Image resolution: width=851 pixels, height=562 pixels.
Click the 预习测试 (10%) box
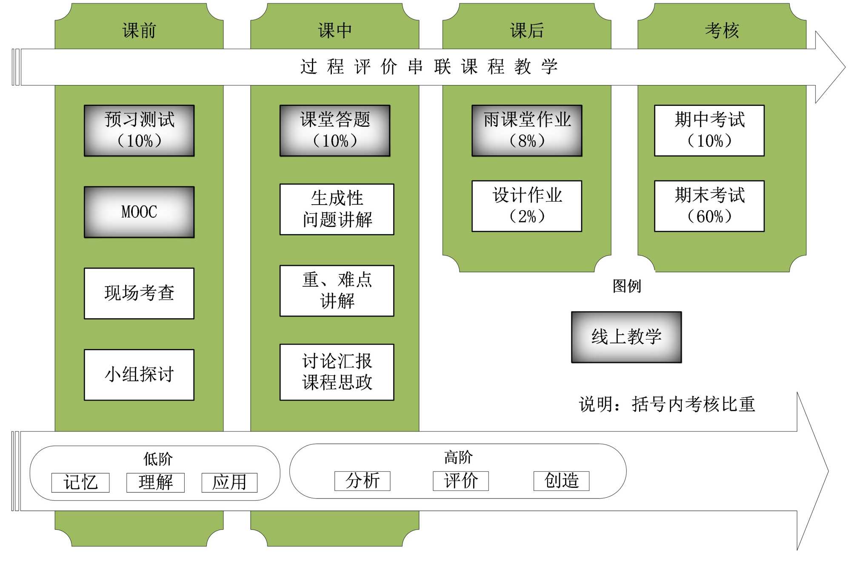click(x=139, y=131)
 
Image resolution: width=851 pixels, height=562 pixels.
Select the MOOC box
click(x=139, y=212)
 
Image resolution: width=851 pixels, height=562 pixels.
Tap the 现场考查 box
click(x=139, y=293)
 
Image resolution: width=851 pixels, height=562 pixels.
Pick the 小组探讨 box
click(x=139, y=375)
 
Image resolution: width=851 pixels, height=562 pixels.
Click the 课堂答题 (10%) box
click(x=335, y=131)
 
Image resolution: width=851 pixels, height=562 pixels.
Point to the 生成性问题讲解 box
click(x=337, y=209)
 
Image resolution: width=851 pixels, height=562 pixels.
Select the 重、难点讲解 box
click(x=337, y=291)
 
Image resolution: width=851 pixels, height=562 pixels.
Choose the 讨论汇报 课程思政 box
click(x=337, y=372)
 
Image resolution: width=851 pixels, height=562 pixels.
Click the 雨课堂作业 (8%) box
click(x=527, y=131)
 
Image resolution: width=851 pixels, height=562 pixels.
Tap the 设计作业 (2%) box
click(x=527, y=206)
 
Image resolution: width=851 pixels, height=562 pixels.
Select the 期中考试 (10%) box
click(x=709, y=131)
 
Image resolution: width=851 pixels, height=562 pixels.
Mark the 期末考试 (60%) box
click(x=709, y=206)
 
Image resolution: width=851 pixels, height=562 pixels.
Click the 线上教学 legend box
click(x=626, y=337)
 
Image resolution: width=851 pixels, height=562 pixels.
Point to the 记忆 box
click(x=80, y=482)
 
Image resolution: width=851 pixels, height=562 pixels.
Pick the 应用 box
click(x=229, y=482)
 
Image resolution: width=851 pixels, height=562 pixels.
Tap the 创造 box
click(x=561, y=481)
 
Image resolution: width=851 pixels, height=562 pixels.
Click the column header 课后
click(x=527, y=31)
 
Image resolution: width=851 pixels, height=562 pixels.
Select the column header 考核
click(x=722, y=31)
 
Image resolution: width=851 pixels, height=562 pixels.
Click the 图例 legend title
click(x=626, y=286)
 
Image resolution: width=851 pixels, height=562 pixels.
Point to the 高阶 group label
click(x=458, y=457)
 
